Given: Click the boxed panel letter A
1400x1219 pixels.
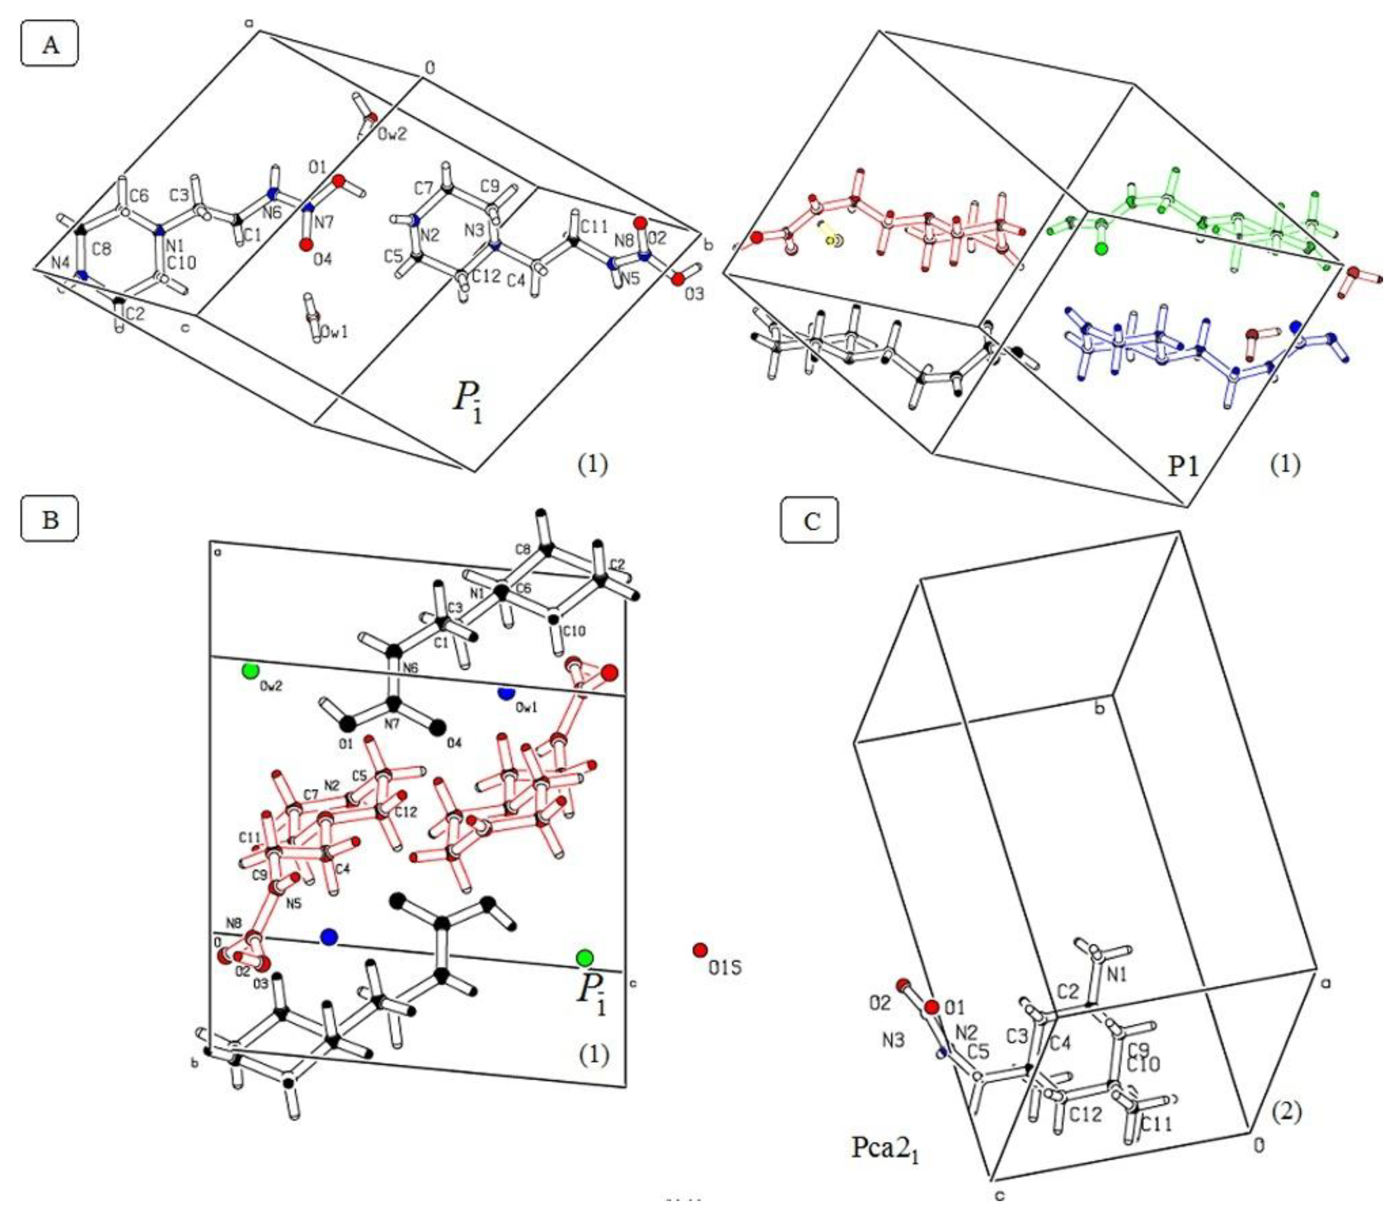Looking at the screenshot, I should tap(50, 45).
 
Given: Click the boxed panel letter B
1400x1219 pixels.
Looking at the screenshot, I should tap(50, 519).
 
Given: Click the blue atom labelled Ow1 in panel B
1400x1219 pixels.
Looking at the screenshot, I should tap(505, 694).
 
